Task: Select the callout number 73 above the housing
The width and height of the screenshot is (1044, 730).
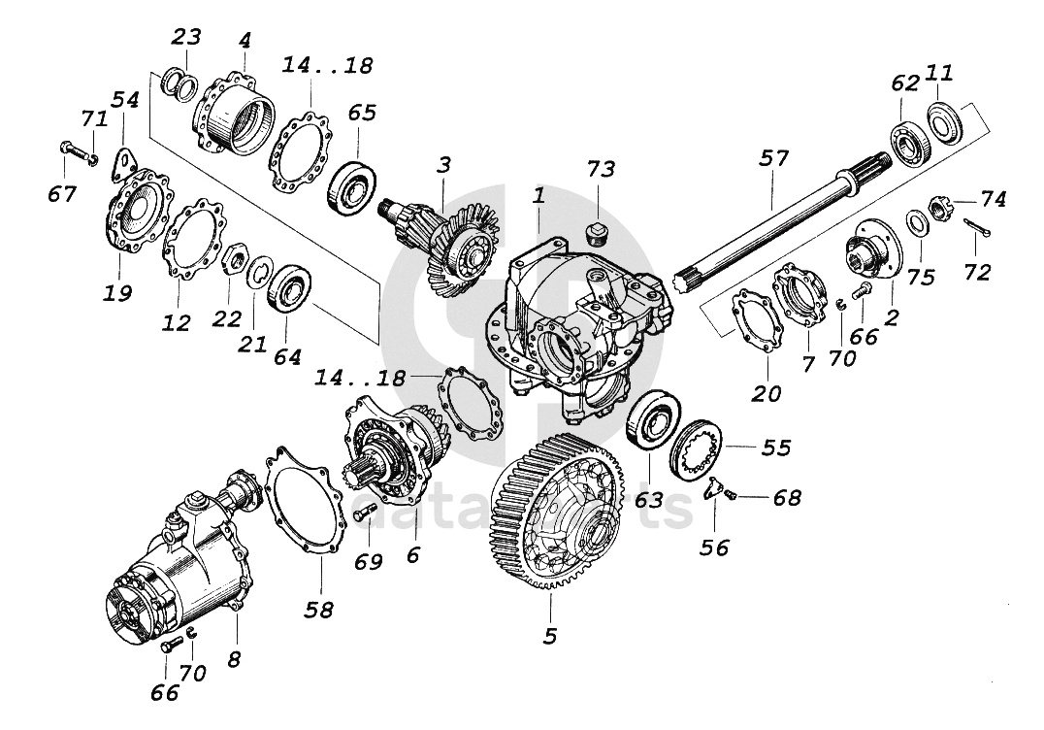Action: (x=601, y=170)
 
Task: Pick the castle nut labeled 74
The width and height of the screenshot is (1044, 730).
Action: (x=939, y=207)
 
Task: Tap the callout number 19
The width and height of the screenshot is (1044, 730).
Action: (x=118, y=292)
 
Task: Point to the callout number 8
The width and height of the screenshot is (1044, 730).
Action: (x=234, y=660)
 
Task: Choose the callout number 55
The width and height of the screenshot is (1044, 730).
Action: (x=776, y=448)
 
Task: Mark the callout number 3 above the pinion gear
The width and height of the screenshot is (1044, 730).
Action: (x=443, y=165)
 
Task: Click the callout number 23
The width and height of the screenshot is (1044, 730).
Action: (x=186, y=37)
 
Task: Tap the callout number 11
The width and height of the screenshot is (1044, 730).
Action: (x=939, y=72)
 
